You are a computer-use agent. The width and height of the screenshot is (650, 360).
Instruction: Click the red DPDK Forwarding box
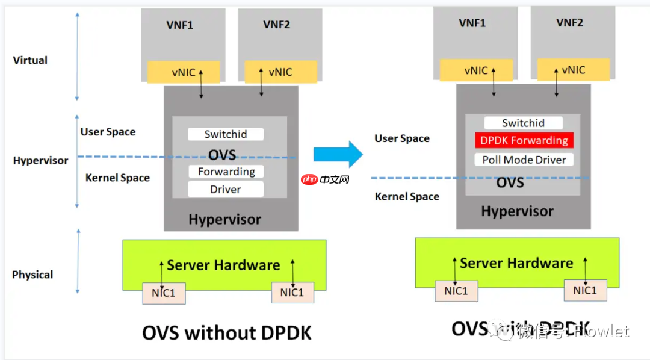[x=524, y=141]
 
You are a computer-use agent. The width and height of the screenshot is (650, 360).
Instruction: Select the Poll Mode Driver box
[x=524, y=160]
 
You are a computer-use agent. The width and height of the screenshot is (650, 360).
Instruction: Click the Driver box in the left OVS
[x=226, y=190]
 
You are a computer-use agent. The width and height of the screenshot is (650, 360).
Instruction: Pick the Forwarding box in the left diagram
[x=226, y=172]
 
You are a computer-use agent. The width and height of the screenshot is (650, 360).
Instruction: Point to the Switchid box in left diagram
[x=226, y=134]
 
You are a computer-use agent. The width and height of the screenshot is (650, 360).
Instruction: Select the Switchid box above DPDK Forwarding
[x=524, y=123]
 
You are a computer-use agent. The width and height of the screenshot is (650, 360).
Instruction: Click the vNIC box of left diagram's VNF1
[x=184, y=72]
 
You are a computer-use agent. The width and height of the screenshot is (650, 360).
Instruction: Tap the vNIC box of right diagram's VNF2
[x=573, y=70]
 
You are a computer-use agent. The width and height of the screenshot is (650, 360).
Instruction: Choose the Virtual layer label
[x=30, y=60]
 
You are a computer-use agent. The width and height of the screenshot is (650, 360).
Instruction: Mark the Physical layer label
[x=32, y=275]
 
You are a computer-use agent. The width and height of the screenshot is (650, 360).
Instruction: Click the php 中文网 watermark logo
[x=326, y=179]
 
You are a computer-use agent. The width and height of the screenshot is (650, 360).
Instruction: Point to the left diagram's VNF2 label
[x=277, y=25]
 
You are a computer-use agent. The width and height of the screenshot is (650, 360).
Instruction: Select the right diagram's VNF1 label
[x=472, y=23]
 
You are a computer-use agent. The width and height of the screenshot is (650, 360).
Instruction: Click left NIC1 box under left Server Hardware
[x=164, y=293]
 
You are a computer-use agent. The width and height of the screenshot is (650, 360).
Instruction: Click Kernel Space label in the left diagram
[x=117, y=178]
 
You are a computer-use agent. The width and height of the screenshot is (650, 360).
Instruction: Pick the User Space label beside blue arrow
[x=402, y=138]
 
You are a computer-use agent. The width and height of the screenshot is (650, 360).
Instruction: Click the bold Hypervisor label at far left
[x=40, y=161]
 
